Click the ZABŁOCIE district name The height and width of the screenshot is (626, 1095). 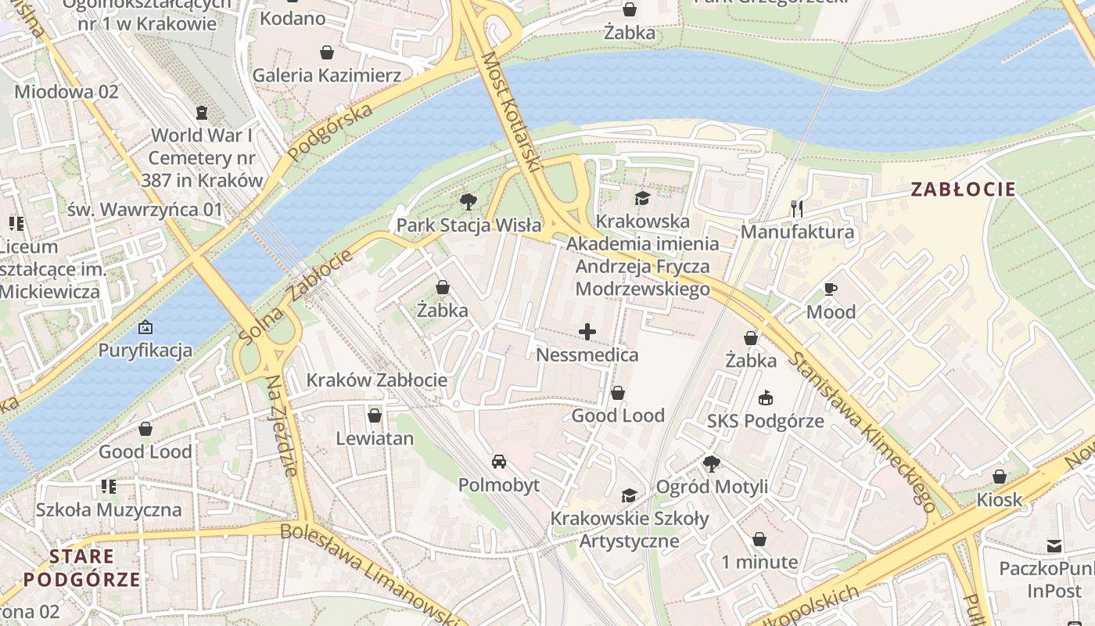[x=963, y=189]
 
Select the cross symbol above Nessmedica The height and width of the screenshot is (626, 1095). [x=587, y=333]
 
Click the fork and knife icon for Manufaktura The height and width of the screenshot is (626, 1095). [x=797, y=208]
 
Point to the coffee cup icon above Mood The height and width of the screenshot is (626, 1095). [x=831, y=289]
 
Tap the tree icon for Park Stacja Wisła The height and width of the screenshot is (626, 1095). [x=469, y=202]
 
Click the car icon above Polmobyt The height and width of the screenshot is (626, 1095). [x=498, y=462]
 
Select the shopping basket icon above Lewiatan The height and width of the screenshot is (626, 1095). [x=375, y=415]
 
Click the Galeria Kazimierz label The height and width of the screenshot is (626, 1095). [x=326, y=75]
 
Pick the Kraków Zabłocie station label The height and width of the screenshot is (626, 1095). [x=377, y=380]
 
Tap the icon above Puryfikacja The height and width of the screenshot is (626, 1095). [x=145, y=326]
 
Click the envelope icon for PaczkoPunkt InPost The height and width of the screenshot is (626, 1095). [x=1054, y=545]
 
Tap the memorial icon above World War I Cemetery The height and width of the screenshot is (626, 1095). [x=202, y=112]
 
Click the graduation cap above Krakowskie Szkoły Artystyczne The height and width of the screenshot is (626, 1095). [x=629, y=495]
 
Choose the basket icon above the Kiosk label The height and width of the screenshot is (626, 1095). [x=999, y=476]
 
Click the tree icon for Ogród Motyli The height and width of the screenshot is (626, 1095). [x=711, y=463]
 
